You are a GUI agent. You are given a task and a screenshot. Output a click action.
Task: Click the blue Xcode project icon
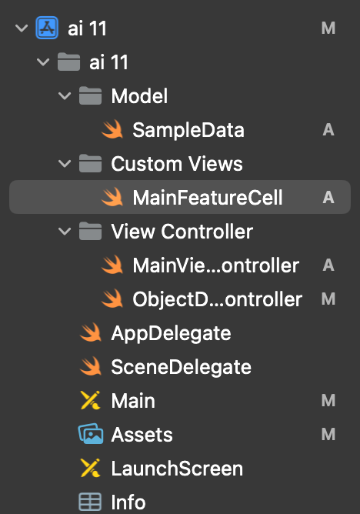[47, 28]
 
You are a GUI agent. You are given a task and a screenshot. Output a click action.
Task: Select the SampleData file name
[188, 130]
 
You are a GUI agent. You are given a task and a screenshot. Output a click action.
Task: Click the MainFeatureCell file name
[208, 197]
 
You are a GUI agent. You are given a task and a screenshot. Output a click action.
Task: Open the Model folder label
[139, 96]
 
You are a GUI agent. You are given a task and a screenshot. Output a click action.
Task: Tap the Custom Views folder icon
[90, 163]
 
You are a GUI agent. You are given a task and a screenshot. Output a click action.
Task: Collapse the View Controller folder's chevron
[65, 232]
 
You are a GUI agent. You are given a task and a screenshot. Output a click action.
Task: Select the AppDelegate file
[171, 334]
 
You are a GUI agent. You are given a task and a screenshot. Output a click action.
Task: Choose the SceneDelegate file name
[181, 367]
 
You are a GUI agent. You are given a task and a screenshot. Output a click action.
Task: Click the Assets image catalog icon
[91, 434]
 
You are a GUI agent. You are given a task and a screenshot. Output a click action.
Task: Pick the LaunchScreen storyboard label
[177, 469]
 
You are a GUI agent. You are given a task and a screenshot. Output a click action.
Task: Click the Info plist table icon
[90, 502]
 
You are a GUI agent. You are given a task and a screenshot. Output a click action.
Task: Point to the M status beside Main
[328, 401]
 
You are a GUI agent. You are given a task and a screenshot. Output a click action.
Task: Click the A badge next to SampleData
[328, 130]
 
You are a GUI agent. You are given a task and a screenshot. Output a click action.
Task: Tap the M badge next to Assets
[328, 434]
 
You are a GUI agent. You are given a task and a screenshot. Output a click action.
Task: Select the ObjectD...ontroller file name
[217, 299]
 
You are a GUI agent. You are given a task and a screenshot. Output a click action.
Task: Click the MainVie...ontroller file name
[216, 265]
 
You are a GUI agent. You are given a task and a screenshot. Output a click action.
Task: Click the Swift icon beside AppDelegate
[91, 332]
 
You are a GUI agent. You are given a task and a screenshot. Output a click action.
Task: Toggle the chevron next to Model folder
[65, 96]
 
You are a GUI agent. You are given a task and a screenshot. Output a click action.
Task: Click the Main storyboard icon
[91, 400]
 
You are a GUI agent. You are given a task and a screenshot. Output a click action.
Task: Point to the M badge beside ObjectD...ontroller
[328, 299]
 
